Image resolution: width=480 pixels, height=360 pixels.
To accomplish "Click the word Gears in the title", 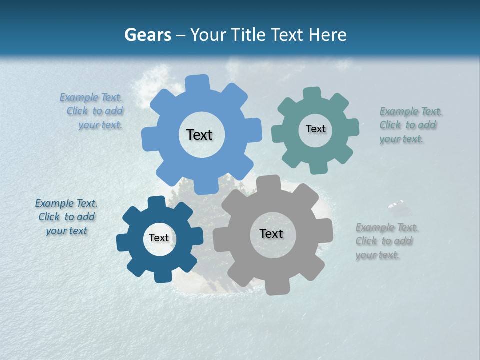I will point(147,35).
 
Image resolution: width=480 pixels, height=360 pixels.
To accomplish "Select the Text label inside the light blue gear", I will point(199,135).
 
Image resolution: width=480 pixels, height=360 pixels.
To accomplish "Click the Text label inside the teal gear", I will point(315,129).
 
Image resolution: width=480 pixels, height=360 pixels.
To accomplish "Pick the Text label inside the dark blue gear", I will point(159,238).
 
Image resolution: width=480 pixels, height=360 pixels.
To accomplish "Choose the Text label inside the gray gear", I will point(271,234).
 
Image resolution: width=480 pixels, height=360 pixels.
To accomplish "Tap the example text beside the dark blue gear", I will point(66,217).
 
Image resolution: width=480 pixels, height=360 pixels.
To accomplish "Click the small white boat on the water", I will point(396,204).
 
